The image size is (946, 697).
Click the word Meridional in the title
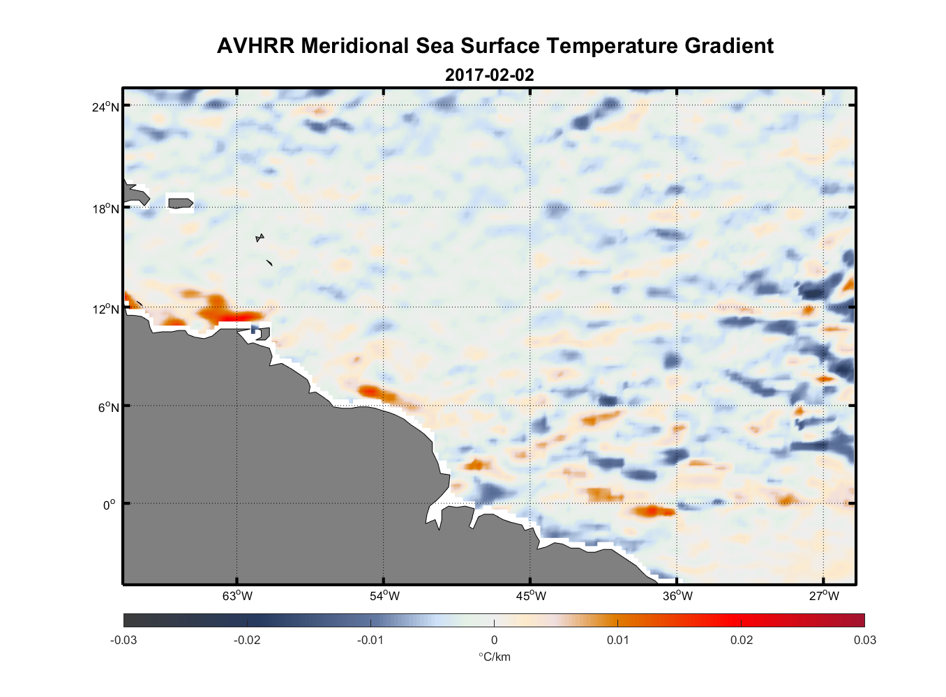tap(355, 46)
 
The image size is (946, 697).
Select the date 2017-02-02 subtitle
tap(489, 75)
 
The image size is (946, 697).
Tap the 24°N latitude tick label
tap(105, 107)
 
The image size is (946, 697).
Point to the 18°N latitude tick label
tap(105, 209)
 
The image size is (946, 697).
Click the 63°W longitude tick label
tap(237, 596)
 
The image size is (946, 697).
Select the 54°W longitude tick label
tap(384, 596)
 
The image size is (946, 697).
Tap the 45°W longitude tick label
tap(531, 596)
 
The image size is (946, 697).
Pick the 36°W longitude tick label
tap(677, 596)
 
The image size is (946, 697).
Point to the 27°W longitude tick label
tap(824, 596)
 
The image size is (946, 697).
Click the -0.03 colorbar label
tap(123, 640)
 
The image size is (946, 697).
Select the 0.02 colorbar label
tap(741, 640)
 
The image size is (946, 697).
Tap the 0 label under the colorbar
tap(494, 640)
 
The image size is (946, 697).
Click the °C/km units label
tap(494, 657)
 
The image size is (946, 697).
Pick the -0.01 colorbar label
tap(370, 640)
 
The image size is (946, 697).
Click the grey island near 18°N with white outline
tap(181, 203)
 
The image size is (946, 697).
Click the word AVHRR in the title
tap(255, 46)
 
